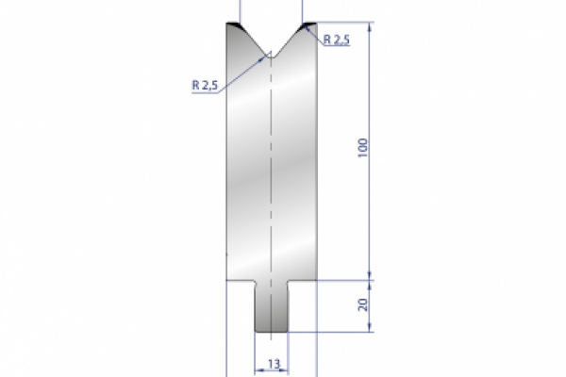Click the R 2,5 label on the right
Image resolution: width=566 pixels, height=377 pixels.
[x=336, y=40]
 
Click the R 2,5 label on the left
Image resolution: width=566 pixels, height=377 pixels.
[x=205, y=85]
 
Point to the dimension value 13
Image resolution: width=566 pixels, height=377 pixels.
[x=271, y=362]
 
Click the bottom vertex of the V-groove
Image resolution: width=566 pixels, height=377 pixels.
[x=271, y=54]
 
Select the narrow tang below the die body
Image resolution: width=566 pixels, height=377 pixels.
[x=271, y=306]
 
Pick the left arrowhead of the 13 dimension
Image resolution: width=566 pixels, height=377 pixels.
[x=257, y=369]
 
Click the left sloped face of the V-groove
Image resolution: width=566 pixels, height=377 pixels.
[x=253, y=41]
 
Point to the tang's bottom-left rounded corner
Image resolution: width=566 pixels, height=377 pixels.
[x=258, y=329]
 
